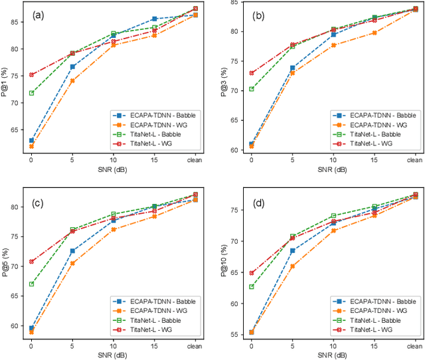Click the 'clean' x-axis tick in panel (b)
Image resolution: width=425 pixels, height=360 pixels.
(x=414, y=160)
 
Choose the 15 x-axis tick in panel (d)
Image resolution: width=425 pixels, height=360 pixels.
(x=373, y=345)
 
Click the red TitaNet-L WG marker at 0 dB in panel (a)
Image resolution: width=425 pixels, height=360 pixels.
(x=31, y=75)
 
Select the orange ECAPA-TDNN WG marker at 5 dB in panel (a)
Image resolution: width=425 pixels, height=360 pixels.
(x=72, y=81)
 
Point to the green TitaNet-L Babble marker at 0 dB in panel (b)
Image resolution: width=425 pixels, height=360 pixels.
(x=251, y=89)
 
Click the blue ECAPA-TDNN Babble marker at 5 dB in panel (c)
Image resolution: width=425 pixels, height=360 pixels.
(x=72, y=251)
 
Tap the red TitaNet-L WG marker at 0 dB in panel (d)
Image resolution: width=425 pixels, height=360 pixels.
(x=251, y=273)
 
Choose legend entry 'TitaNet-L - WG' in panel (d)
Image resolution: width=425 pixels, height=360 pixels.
(x=365, y=329)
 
